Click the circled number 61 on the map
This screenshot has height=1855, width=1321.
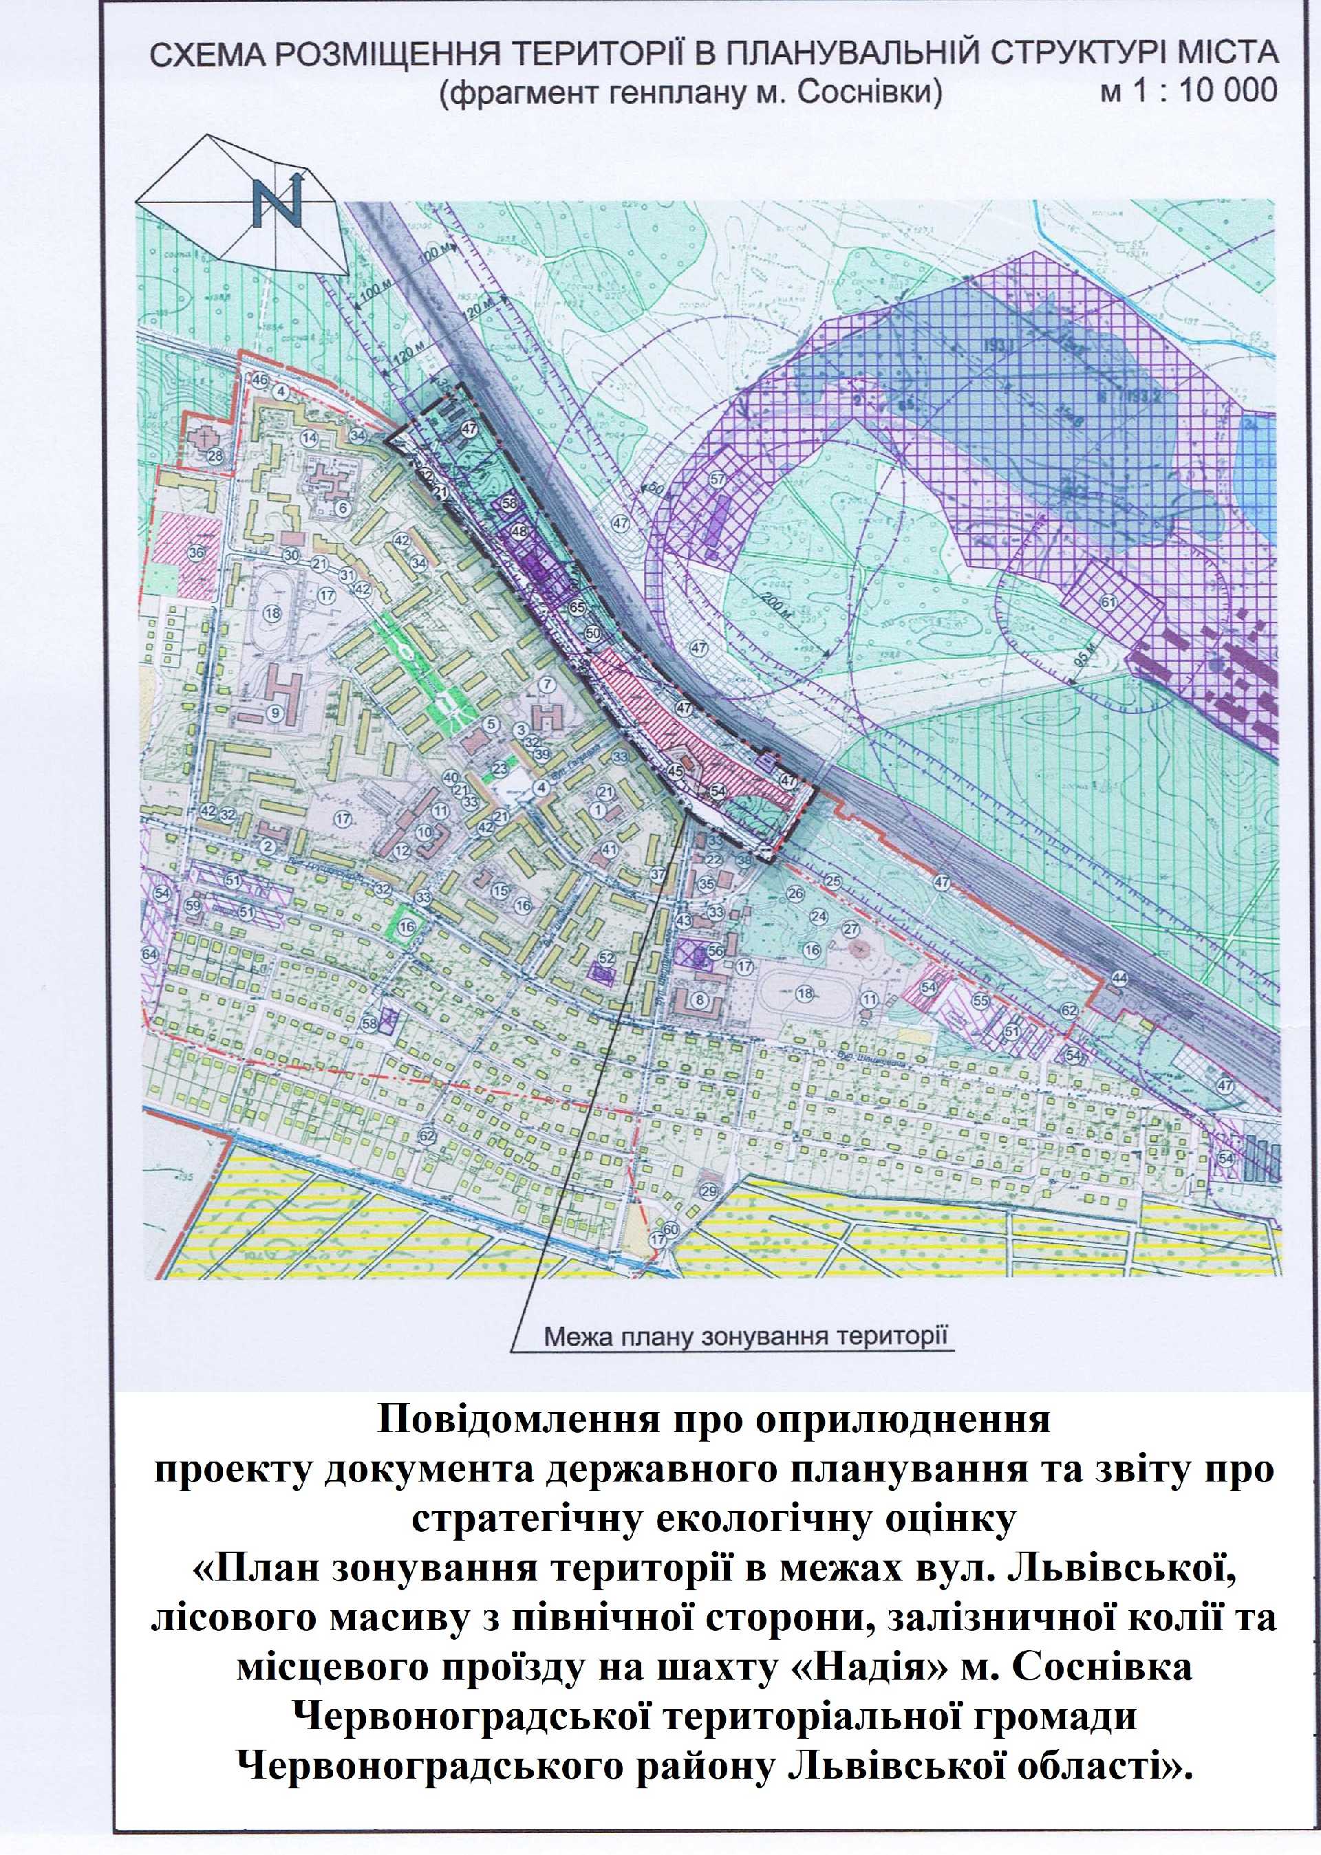click(x=1108, y=603)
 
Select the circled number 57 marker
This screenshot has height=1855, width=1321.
click(x=718, y=480)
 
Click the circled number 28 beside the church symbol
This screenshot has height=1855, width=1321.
click(x=215, y=456)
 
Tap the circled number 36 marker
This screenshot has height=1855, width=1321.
click(x=195, y=553)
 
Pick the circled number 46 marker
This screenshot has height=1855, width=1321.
click(x=259, y=380)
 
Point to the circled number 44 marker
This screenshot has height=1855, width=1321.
click(x=1120, y=977)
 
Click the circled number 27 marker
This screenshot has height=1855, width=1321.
click(x=851, y=929)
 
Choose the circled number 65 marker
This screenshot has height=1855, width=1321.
click(x=577, y=607)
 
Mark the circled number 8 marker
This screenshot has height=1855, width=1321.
click(x=698, y=999)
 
